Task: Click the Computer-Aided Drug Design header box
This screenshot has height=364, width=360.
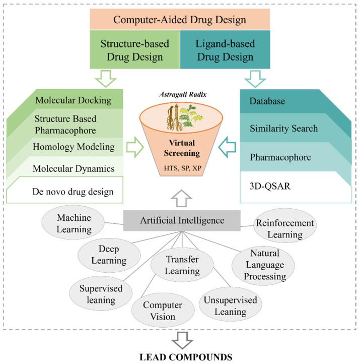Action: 180,20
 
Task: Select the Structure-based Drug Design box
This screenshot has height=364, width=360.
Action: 134,49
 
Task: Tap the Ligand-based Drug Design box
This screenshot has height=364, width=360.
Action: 225,49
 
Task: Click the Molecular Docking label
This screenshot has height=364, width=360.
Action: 74,100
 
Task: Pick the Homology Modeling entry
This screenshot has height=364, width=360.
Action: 74,147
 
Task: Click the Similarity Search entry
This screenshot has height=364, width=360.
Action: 283,128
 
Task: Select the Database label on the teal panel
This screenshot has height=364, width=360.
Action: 267,101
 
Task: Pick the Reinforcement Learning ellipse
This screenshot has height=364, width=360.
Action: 284,228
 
